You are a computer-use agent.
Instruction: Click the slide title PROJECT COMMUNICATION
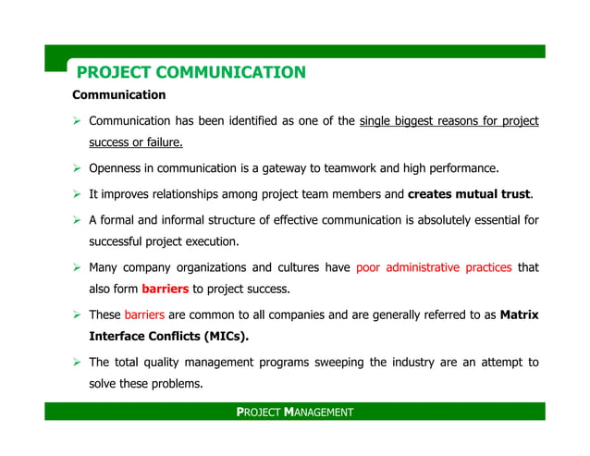click(x=191, y=72)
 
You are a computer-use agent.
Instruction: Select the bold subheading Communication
click(x=119, y=95)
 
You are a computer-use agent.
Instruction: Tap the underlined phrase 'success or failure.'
click(x=136, y=142)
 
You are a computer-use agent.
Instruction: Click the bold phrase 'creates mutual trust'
click(x=469, y=194)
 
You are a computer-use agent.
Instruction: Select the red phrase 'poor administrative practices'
click(x=434, y=268)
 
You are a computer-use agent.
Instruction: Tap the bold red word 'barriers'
click(x=166, y=289)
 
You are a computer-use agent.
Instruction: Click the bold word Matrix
click(x=519, y=314)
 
